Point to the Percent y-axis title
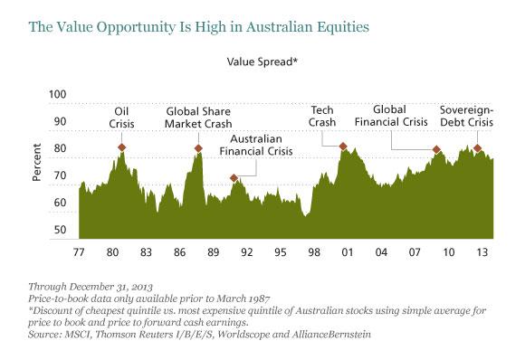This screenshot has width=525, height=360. click(x=38, y=163)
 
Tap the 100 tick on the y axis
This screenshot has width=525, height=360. click(x=59, y=94)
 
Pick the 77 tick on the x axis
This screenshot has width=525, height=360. click(x=79, y=251)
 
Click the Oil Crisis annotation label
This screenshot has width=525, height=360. click(x=121, y=119)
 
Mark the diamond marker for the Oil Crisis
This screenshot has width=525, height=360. click(x=121, y=147)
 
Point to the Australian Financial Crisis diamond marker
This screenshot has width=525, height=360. click(x=234, y=178)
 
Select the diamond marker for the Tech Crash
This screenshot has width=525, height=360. click(x=343, y=147)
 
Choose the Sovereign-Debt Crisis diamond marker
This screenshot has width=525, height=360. click(x=477, y=148)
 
